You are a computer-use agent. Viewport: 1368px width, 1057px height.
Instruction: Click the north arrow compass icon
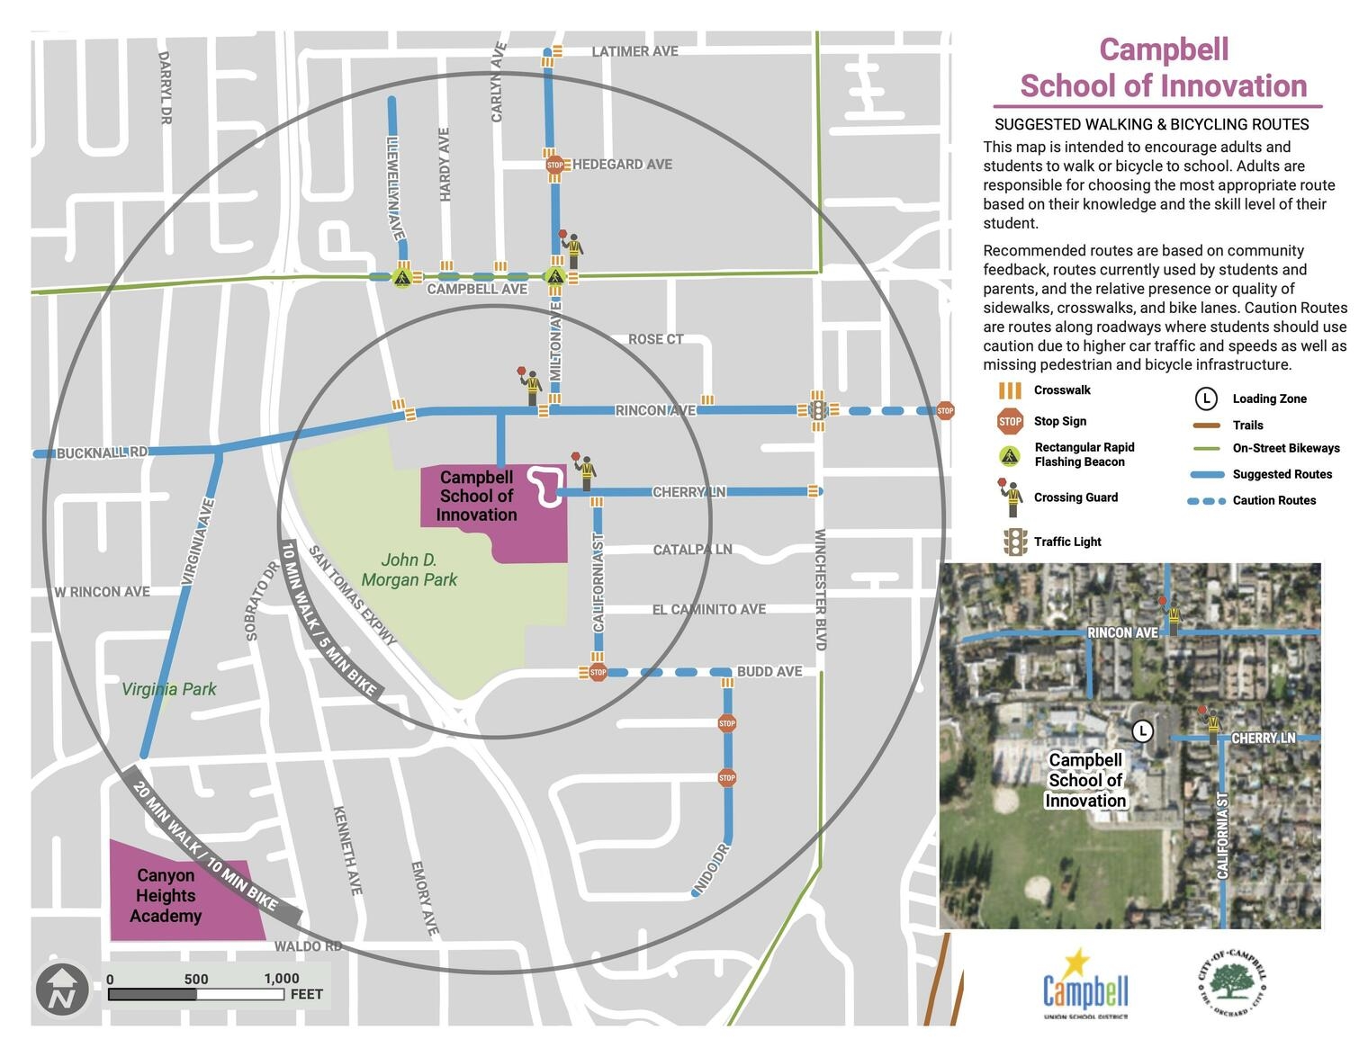pyautogui.click(x=62, y=990)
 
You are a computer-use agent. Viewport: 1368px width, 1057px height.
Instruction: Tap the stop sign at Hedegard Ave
pyautogui.click(x=555, y=165)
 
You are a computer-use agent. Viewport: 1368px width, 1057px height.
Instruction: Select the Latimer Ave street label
pyautogui.click(x=634, y=51)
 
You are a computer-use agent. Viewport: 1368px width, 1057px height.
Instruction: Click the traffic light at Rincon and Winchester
pyautogui.click(x=817, y=410)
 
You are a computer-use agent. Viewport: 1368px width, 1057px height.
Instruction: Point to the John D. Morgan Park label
pyautogui.click(x=409, y=570)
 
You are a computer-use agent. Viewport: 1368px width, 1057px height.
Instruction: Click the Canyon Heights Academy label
pyautogui.click(x=166, y=895)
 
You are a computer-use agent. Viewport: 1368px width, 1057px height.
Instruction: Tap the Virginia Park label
pyautogui.click(x=169, y=689)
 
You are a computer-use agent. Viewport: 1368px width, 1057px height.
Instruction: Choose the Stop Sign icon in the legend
pyautogui.click(x=1010, y=421)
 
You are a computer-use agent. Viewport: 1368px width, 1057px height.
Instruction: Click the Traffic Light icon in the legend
pyautogui.click(x=1015, y=542)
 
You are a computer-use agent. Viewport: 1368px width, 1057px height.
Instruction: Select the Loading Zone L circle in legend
pyautogui.click(x=1206, y=399)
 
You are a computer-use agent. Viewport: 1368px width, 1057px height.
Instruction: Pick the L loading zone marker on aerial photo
pyautogui.click(x=1142, y=730)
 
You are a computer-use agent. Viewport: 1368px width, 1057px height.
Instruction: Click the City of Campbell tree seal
pyautogui.click(x=1232, y=982)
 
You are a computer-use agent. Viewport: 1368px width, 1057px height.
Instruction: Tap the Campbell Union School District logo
pyautogui.click(x=1085, y=985)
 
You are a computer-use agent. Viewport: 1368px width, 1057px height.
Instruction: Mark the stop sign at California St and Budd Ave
pyautogui.click(x=598, y=672)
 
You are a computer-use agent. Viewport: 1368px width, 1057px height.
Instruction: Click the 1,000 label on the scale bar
pyautogui.click(x=282, y=979)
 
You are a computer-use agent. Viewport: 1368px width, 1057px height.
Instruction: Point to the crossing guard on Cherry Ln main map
pyautogui.click(x=586, y=471)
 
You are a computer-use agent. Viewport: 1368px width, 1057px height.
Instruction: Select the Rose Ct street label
pyautogui.click(x=655, y=339)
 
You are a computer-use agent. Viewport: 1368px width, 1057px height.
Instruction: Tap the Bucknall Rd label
pyautogui.click(x=102, y=452)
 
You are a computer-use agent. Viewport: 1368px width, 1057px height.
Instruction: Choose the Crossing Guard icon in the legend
pyautogui.click(x=1013, y=497)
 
